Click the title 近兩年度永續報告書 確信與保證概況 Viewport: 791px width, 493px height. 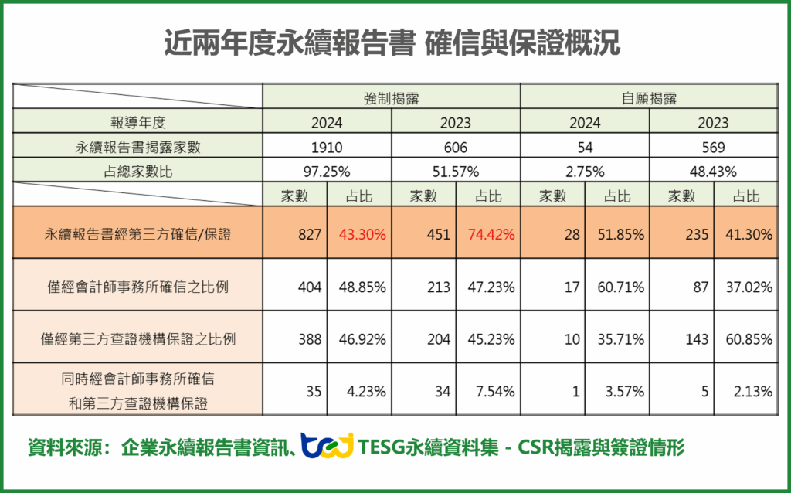point(392,44)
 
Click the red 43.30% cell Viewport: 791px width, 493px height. point(359,233)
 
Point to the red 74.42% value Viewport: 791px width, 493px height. point(488,233)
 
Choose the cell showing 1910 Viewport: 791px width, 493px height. point(327,147)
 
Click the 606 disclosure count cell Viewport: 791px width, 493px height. point(456,147)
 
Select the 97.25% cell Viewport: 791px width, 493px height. point(327,171)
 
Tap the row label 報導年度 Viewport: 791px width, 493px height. point(138,122)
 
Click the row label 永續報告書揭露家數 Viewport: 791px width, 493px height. point(138,147)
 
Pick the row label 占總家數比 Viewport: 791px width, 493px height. point(138,171)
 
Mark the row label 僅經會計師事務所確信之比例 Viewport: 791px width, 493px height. point(138,287)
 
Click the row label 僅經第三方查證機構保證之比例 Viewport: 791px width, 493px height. point(138,338)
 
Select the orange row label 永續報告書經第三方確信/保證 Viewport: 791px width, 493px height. point(138,233)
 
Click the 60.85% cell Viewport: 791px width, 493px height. point(746,338)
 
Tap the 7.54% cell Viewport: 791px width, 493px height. point(488,391)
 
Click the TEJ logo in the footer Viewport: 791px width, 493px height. point(327,447)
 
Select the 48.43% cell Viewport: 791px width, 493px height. point(713,171)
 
